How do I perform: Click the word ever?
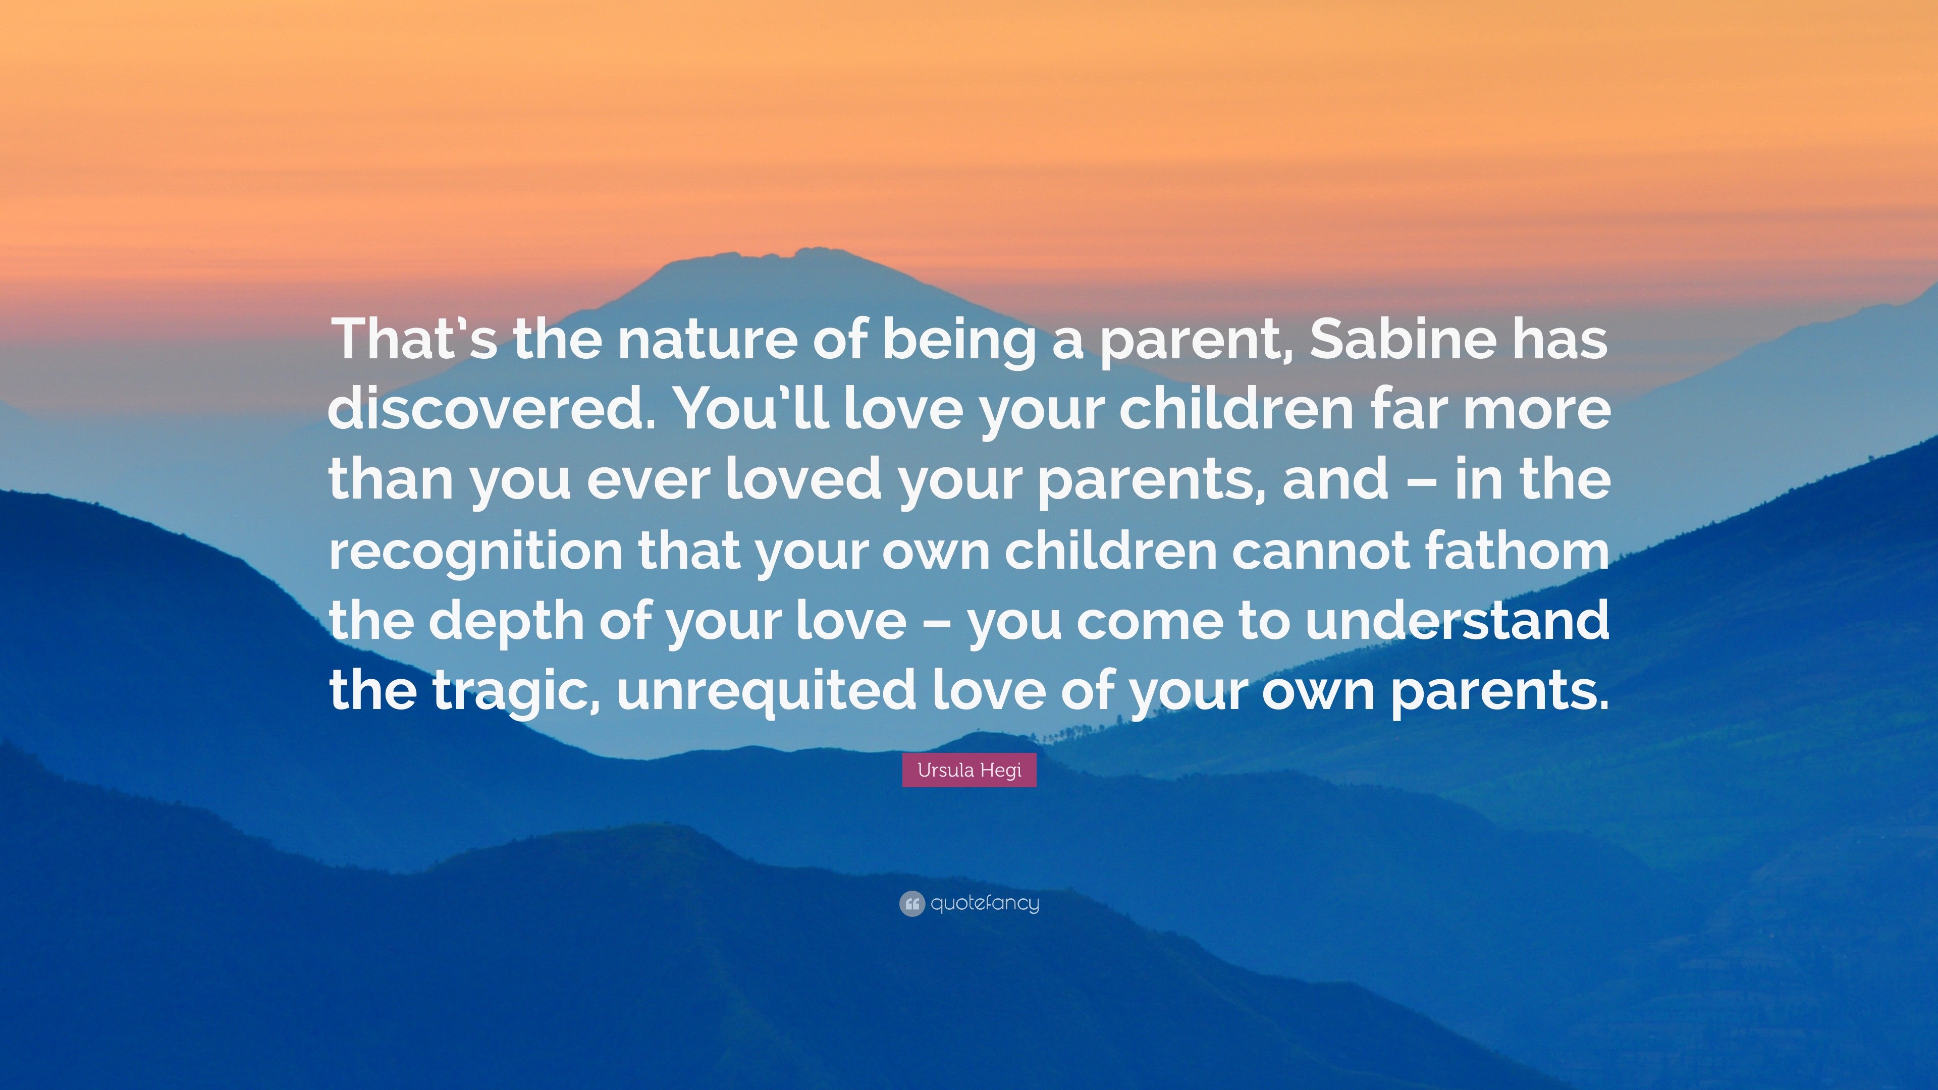click(647, 480)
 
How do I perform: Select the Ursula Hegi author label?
click(969, 770)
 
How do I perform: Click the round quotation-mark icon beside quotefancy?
click(911, 903)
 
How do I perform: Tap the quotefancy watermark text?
click(985, 903)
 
